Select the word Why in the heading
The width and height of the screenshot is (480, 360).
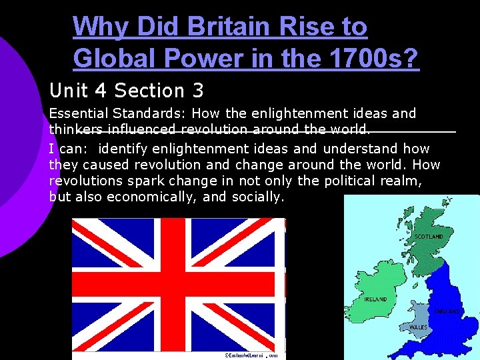click(99, 27)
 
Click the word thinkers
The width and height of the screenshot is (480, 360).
click(76, 130)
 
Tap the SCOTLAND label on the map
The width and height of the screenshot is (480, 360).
click(429, 237)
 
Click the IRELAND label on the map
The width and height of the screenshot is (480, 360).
click(375, 299)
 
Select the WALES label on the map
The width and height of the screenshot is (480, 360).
click(418, 327)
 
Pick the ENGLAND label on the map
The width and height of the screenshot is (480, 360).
click(448, 311)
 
